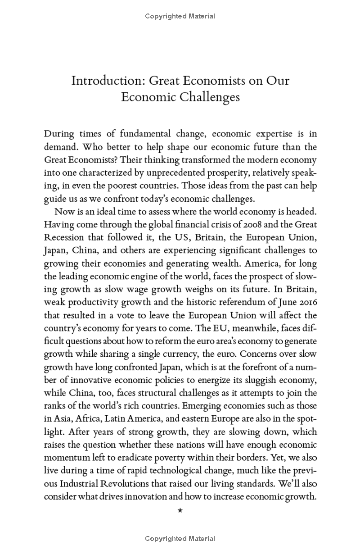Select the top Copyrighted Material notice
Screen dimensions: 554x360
coord(180,16)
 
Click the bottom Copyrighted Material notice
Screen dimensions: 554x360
coord(180,538)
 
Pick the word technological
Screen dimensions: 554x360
coord(177,471)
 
